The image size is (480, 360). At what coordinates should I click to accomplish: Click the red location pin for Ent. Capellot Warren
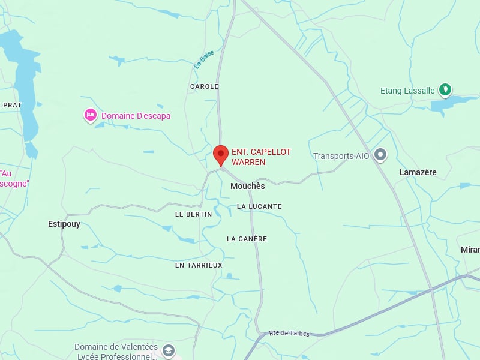[221, 155]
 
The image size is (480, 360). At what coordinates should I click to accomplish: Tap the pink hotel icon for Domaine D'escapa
[91, 115]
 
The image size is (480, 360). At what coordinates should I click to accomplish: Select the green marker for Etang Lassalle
[445, 90]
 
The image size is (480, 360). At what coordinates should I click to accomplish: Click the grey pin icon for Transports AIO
[380, 155]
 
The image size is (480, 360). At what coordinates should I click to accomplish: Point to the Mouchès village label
[247, 186]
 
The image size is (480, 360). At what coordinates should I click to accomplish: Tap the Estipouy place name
[64, 224]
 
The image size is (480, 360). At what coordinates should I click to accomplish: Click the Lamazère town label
[418, 172]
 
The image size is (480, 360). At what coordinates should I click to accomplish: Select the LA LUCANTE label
[259, 206]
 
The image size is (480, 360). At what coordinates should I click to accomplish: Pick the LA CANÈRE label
[247, 239]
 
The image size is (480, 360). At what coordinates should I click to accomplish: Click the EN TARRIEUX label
[199, 265]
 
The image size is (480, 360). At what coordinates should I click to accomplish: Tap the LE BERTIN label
[193, 214]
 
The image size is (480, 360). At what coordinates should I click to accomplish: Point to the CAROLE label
[204, 86]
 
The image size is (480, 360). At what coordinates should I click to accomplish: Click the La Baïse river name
[204, 59]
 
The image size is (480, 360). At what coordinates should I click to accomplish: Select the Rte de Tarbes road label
[289, 333]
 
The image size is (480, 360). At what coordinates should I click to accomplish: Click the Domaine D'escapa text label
[136, 116]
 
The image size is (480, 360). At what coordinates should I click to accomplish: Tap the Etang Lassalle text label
[407, 91]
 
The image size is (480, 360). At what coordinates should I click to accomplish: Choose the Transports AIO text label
[341, 156]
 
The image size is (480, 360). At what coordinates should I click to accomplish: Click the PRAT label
[12, 105]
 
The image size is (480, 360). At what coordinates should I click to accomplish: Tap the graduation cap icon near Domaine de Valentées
[169, 350]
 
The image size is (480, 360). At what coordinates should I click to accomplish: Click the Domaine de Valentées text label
[116, 347]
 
